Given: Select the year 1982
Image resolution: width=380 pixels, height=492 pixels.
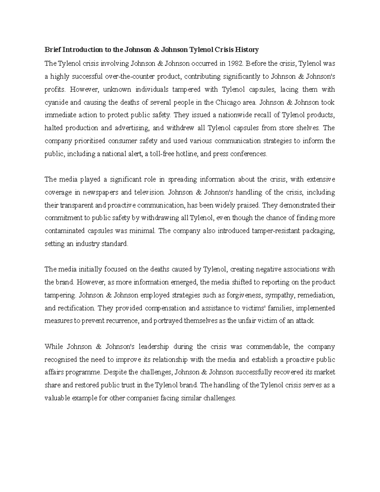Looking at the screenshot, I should pos(235,64).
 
